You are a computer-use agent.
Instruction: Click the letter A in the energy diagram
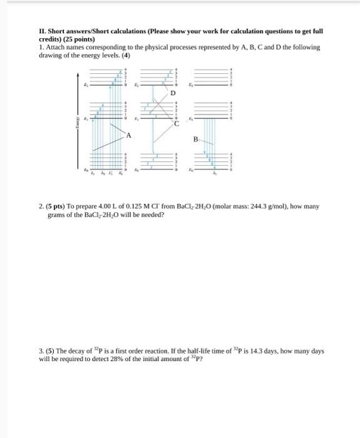[x=128, y=135]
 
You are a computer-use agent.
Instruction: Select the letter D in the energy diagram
[x=173, y=93]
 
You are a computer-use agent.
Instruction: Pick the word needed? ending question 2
[x=152, y=214]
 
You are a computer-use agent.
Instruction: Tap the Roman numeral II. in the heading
[x=43, y=31]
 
